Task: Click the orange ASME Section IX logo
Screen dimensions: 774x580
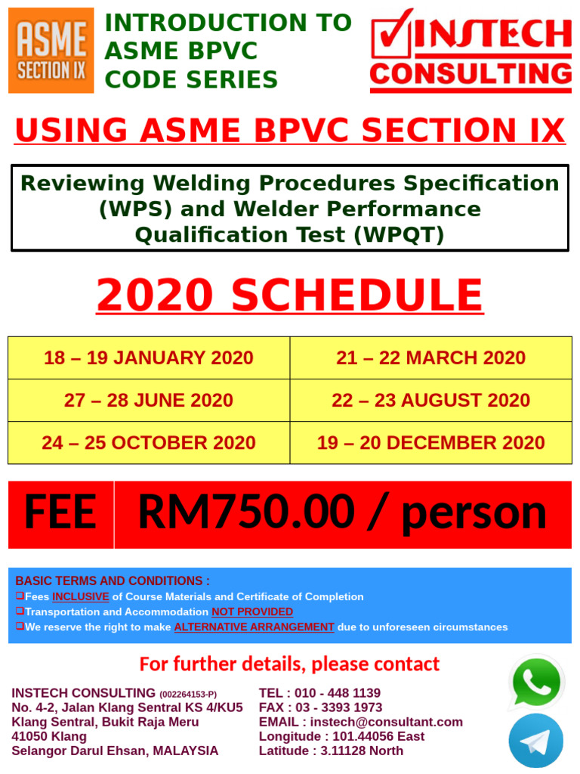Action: [x=51, y=51]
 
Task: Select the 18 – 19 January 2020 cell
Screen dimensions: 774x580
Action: [x=149, y=358]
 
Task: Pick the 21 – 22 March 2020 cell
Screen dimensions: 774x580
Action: [x=431, y=358]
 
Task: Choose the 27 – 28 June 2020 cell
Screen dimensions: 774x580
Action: [x=149, y=400]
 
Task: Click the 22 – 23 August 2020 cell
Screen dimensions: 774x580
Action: [x=431, y=400]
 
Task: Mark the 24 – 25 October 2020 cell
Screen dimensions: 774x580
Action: [x=149, y=442]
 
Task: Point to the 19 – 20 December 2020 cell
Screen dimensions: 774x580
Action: [x=431, y=442]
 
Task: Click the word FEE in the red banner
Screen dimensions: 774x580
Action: [x=60, y=514]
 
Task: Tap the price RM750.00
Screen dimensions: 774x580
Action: [x=245, y=514]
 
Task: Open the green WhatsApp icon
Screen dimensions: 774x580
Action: [x=536, y=683]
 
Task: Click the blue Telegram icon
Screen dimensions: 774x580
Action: [x=536, y=741]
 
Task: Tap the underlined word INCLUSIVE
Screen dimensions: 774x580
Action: [x=81, y=596]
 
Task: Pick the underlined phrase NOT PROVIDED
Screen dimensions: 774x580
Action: [x=252, y=611]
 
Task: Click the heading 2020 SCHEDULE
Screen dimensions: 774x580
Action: [x=290, y=296]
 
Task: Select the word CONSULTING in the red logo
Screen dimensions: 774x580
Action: [x=470, y=74]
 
